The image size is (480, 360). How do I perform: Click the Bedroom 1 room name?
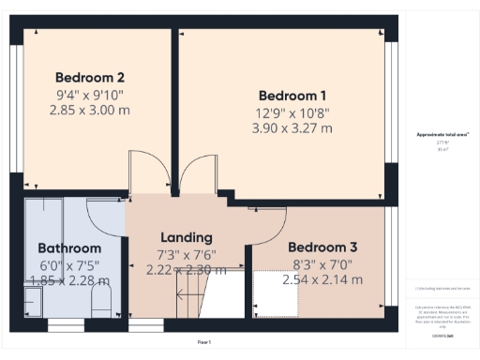292,96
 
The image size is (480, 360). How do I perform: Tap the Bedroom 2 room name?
90,77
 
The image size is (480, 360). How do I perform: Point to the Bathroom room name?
68,248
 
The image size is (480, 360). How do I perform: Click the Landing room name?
187,237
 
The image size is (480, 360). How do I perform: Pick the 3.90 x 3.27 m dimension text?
292,128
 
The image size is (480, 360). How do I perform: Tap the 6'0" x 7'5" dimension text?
68,265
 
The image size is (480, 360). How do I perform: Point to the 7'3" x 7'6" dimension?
187,254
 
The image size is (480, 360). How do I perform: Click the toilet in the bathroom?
103,302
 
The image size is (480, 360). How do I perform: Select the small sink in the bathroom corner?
32,302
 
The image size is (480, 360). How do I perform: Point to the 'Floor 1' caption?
204,343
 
